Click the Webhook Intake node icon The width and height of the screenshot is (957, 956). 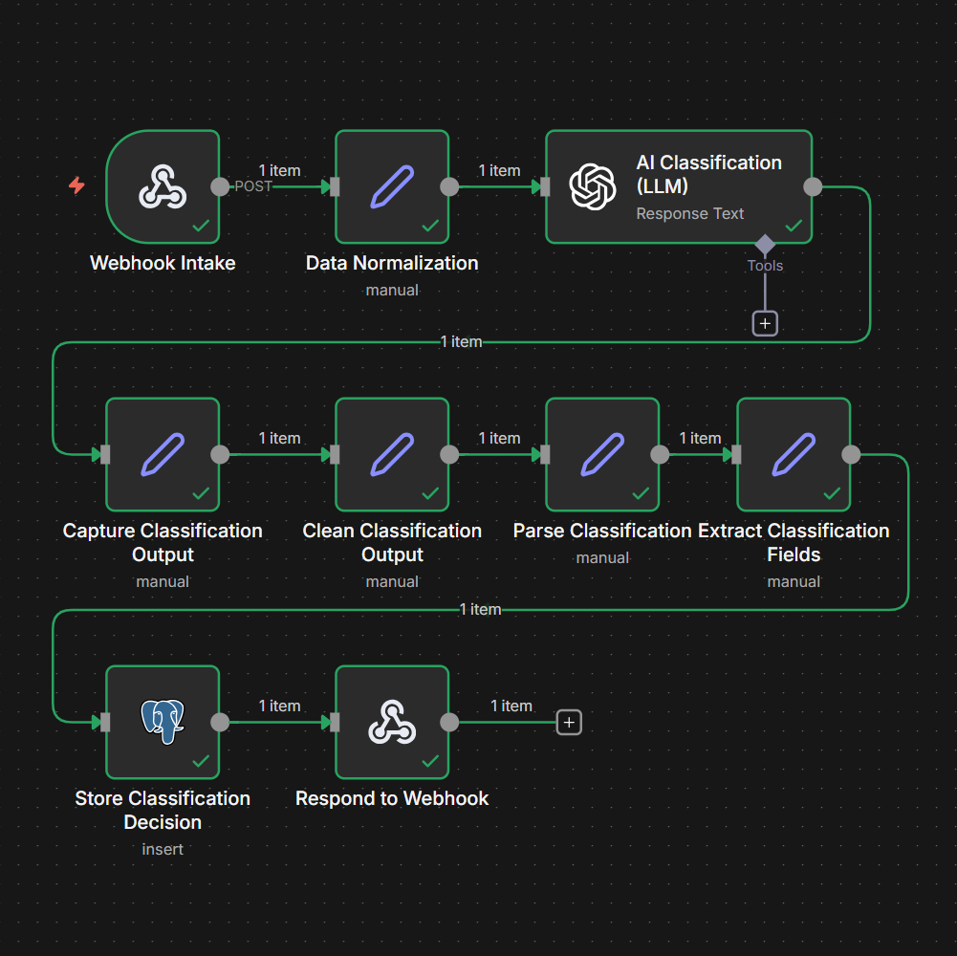click(x=163, y=186)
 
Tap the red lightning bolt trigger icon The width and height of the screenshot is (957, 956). click(x=76, y=185)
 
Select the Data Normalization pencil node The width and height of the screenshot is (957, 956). click(x=392, y=186)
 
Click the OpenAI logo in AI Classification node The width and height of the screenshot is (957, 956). click(x=593, y=186)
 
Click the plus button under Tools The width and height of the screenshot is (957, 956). click(x=765, y=323)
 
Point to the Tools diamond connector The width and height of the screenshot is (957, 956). click(x=765, y=244)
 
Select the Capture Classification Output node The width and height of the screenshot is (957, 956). click(x=163, y=454)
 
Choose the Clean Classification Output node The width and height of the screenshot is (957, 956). click(x=392, y=454)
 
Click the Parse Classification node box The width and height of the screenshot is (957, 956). click(x=602, y=454)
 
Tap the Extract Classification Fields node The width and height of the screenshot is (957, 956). click(x=794, y=454)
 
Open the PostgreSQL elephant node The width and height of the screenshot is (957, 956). click(x=163, y=722)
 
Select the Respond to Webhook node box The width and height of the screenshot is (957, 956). click(x=392, y=722)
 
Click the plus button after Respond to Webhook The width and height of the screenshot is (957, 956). click(x=569, y=723)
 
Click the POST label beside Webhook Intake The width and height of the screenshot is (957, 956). click(x=253, y=186)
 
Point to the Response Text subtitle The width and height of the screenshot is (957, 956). click(x=689, y=213)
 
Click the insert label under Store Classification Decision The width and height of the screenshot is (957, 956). click(x=163, y=849)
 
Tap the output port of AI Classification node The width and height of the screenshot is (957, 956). click(x=813, y=186)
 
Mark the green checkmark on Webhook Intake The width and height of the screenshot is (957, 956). click(x=201, y=226)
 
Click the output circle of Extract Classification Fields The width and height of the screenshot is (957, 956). click(x=851, y=454)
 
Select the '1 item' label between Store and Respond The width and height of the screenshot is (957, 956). click(x=279, y=706)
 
